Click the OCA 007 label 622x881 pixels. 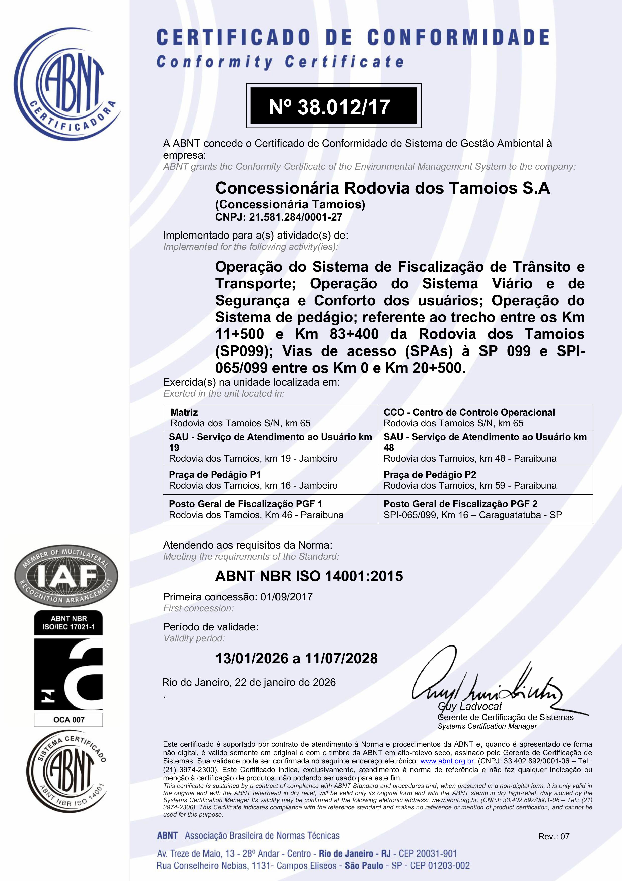point(69,720)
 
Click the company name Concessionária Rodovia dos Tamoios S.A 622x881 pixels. point(382,188)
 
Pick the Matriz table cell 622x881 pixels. point(270,418)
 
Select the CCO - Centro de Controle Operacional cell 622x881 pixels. point(485,418)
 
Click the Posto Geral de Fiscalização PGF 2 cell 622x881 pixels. point(485,509)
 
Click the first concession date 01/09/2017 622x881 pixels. point(287,597)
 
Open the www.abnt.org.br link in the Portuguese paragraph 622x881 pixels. point(447,761)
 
